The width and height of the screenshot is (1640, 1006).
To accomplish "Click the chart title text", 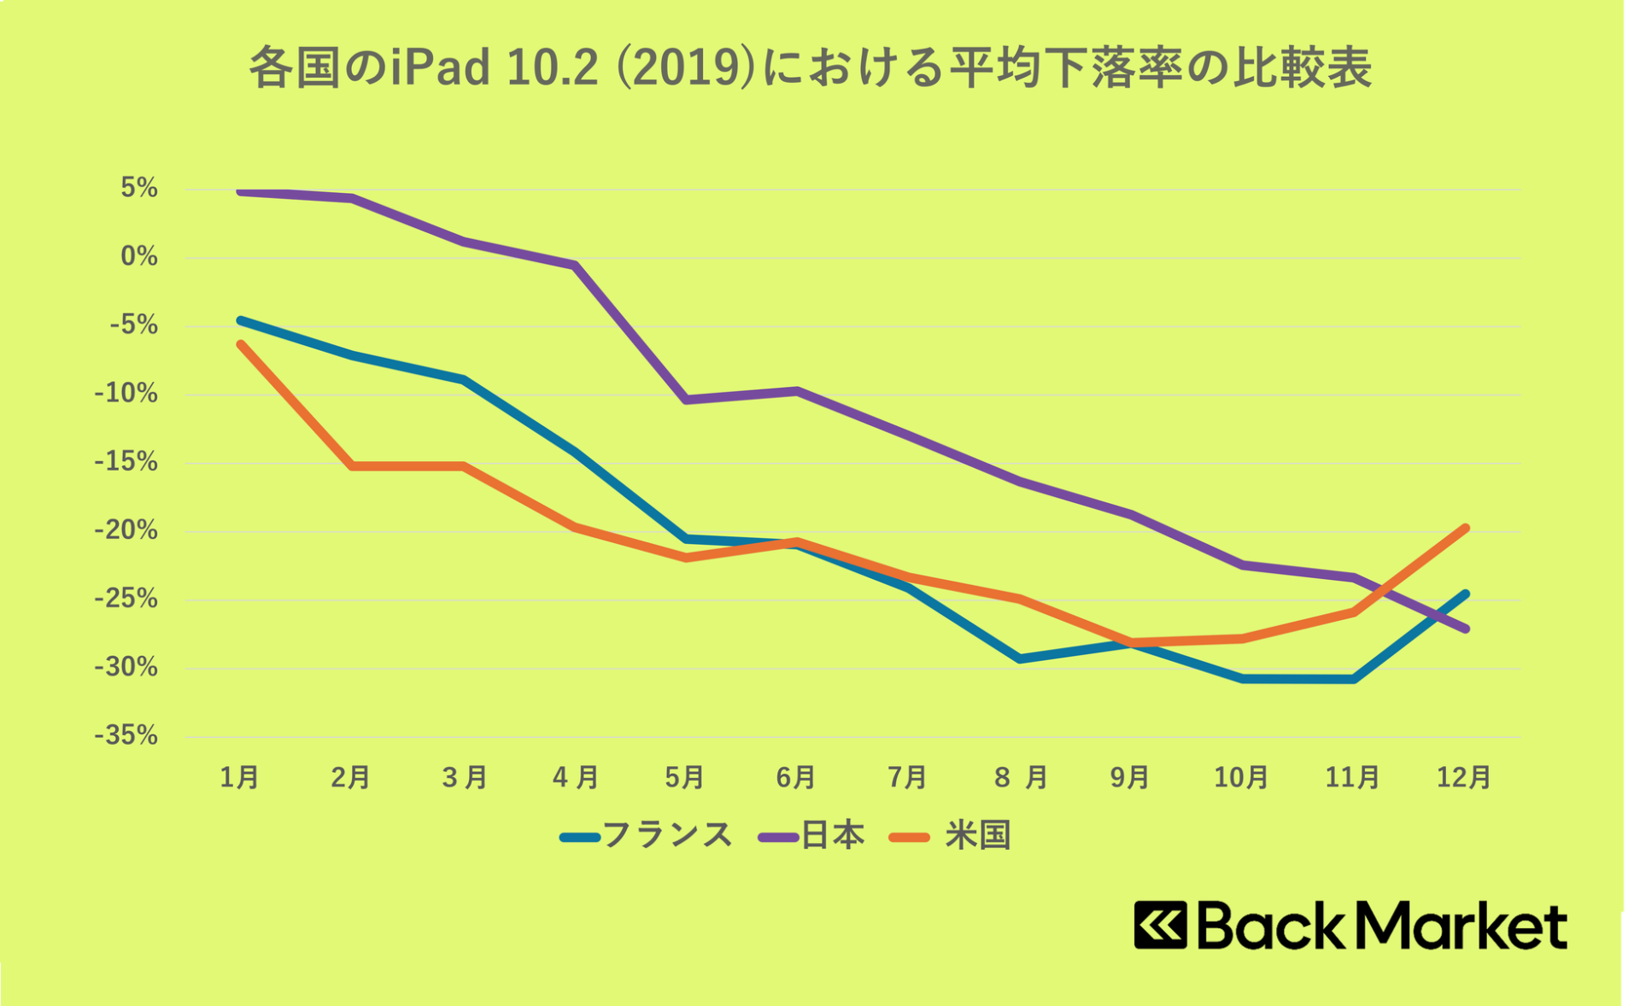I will (x=810, y=67).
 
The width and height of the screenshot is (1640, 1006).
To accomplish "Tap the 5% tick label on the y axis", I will (x=139, y=188).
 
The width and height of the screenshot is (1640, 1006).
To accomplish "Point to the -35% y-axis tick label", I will (x=126, y=735).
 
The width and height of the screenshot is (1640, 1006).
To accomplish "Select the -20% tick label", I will (x=126, y=530).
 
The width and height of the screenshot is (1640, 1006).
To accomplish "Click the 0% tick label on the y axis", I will (x=139, y=256).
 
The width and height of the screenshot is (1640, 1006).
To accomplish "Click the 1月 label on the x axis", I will (x=239, y=777).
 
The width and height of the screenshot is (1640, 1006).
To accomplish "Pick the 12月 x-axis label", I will (x=1463, y=777).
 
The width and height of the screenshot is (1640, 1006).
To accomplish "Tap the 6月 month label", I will (x=795, y=777).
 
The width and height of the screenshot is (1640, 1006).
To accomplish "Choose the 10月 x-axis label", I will (x=1241, y=777).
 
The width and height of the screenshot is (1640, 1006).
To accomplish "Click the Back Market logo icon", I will (x=1160, y=925).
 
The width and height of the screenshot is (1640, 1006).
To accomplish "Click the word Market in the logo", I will (x=1460, y=925).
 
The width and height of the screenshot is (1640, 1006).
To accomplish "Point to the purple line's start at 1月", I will (x=241, y=192).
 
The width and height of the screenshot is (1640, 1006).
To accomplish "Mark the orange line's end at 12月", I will (x=1466, y=528).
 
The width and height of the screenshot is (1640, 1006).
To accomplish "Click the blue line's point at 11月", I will (x=1354, y=680).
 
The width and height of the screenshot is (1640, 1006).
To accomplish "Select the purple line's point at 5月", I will (x=686, y=400).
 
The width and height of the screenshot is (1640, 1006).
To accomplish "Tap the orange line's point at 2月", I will (x=352, y=466).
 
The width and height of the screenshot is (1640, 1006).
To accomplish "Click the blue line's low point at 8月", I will (x=1020, y=659).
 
